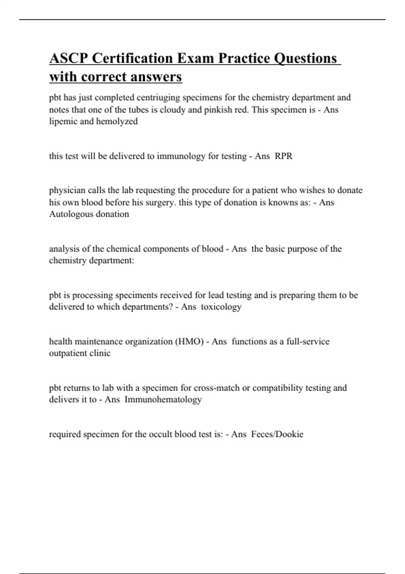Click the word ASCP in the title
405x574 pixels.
pos(69,58)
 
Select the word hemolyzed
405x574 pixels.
pos(117,121)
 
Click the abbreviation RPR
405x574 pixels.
pos(283,156)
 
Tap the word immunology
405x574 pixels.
pos(181,156)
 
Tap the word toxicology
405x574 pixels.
pos(221,307)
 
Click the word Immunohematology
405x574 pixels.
pos(163,399)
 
